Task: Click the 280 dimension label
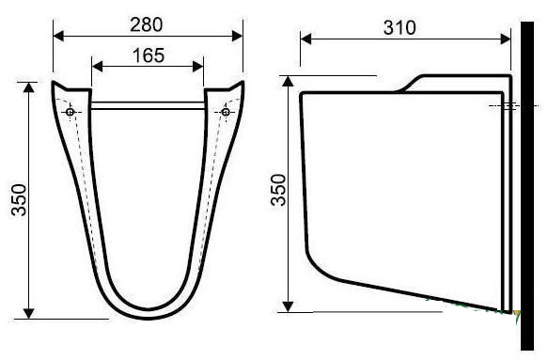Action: [147, 24]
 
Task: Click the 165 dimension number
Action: [149, 55]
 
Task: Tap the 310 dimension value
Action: [399, 27]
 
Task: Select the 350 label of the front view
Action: [19, 199]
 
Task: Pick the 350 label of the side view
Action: [279, 190]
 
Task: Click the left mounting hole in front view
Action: [70, 112]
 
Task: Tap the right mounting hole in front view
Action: [226, 112]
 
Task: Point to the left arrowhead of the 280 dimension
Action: [58, 36]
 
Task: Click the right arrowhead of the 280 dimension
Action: [237, 36]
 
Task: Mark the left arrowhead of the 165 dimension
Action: [97, 66]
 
